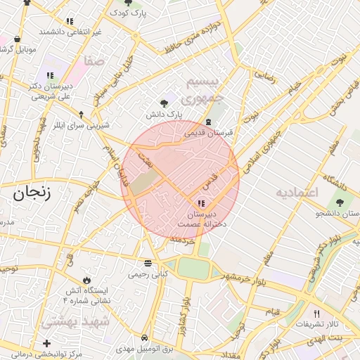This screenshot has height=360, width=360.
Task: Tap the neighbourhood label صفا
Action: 94,61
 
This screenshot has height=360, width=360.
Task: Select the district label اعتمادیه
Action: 297,192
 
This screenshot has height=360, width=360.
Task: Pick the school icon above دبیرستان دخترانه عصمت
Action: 203,203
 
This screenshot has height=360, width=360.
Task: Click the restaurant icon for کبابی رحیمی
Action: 147,264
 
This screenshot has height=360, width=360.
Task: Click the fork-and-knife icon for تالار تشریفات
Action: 316,314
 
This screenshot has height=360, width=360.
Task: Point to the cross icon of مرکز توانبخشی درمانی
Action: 46,343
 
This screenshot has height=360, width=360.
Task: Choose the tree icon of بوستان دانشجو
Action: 340,202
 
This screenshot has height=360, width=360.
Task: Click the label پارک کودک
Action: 128,13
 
